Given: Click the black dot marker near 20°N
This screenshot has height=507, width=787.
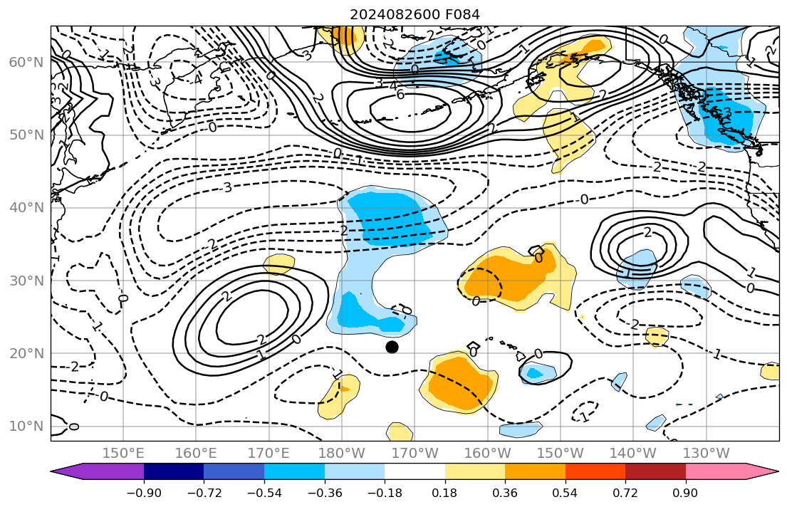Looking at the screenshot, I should [x=392, y=347].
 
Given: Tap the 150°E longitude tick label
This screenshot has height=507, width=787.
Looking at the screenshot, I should [x=123, y=453].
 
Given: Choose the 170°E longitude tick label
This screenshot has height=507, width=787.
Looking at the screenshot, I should [x=269, y=453].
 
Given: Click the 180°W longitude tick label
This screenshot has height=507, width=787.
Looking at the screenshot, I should [x=342, y=453].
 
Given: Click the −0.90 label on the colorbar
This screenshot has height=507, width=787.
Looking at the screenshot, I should [x=144, y=493].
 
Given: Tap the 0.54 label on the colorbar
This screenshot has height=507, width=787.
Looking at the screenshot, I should [x=565, y=493].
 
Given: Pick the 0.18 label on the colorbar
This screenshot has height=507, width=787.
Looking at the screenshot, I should [x=444, y=493].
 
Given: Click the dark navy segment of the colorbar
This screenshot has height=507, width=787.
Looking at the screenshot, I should [x=174, y=471].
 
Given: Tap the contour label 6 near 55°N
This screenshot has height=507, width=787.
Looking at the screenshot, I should [x=400, y=95].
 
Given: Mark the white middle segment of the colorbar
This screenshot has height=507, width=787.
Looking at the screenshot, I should [x=415, y=471].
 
